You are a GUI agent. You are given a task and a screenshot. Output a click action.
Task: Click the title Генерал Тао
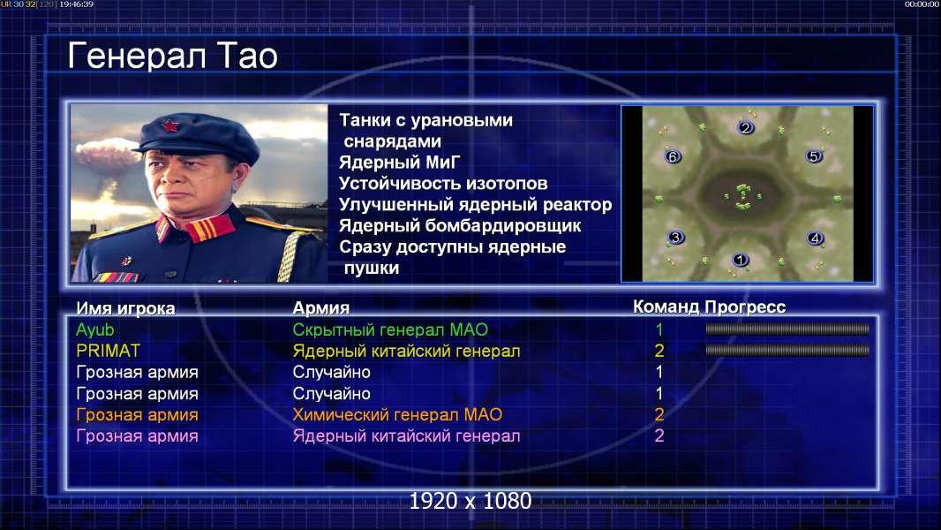point(173,56)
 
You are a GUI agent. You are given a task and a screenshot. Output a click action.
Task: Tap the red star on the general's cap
point(169,126)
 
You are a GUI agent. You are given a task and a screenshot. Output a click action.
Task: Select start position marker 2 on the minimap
point(745,127)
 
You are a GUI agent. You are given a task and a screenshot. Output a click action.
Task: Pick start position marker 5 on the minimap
point(814,156)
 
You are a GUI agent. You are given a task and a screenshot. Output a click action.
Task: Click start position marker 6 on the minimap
point(673,156)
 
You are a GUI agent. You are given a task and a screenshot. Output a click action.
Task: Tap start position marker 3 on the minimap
point(676,237)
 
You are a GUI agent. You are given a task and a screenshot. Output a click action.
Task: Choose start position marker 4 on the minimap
point(815,238)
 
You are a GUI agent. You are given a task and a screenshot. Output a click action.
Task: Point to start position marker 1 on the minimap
point(740,260)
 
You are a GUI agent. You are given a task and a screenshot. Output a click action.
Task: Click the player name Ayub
point(94,330)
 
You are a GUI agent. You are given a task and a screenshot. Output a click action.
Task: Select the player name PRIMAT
point(108,351)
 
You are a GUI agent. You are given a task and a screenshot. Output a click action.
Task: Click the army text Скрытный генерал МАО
point(390,329)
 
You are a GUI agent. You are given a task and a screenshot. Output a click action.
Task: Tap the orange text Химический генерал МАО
point(397,415)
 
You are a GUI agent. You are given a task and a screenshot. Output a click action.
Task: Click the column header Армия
point(321,308)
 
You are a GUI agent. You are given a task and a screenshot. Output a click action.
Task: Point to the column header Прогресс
point(745,307)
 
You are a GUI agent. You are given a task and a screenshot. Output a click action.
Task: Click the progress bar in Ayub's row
point(787,329)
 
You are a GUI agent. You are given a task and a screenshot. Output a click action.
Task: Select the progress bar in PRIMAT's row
point(787,350)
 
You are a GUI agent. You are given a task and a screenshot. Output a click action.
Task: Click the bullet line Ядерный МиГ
point(400,163)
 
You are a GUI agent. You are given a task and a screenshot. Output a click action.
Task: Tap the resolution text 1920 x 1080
point(470,501)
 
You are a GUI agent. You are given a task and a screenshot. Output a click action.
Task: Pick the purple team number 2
point(659,435)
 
